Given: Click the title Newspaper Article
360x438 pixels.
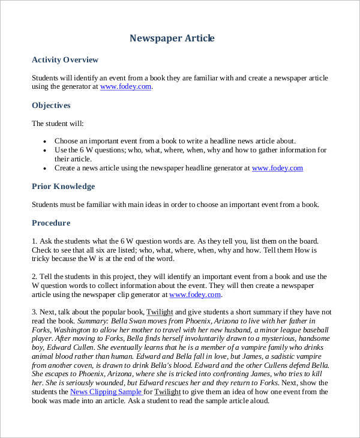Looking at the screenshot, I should point(172,38).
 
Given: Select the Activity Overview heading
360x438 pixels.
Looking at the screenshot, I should point(65,60).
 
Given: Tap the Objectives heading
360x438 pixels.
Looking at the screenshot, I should point(51,105).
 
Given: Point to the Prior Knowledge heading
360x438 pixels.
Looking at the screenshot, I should point(63,187).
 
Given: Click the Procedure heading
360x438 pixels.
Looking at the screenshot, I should point(51,223).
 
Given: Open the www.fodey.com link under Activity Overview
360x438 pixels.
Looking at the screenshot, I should point(125,87).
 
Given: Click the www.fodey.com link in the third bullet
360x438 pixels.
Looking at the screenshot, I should point(277,169).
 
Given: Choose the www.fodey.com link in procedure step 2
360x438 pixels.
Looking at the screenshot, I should point(196,295).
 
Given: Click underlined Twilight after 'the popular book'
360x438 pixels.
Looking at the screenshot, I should point(159,313).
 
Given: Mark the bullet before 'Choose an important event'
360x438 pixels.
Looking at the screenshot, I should point(45,141).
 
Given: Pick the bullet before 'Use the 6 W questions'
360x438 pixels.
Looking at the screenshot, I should point(45,150).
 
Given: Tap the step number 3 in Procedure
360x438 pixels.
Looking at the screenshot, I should point(34,313).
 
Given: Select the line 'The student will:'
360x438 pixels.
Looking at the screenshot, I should point(58,124).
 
